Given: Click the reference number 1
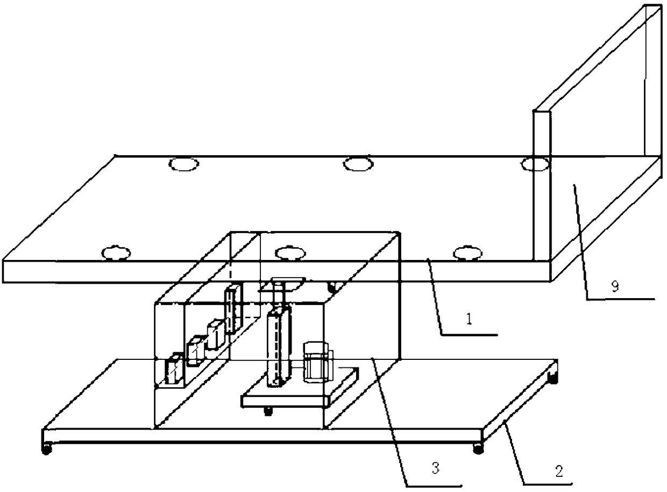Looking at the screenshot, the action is [469, 319].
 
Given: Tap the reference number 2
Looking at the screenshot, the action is [559, 471].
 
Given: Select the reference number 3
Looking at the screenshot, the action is [436, 468].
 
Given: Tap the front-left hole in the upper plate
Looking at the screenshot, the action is [117, 252].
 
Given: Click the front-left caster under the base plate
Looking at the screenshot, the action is [47, 447].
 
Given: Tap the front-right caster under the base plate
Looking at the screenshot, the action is [478, 447].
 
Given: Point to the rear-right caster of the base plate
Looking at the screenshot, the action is [552, 379].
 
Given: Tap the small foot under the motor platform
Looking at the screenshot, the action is [267, 411].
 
